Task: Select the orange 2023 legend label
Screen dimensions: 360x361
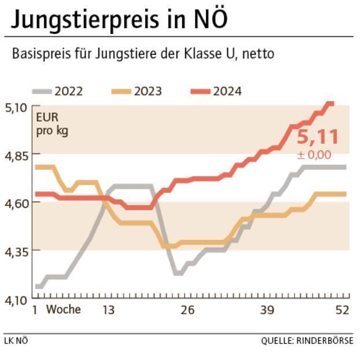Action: (148, 91)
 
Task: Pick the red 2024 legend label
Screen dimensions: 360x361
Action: (227, 91)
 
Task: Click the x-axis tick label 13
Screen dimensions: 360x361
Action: (108, 310)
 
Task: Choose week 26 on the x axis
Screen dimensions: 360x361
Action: (187, 310)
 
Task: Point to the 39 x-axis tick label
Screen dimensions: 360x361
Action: (267, 310)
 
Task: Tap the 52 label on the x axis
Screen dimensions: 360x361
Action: (342, 310)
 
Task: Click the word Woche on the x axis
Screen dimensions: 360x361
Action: (64, 310)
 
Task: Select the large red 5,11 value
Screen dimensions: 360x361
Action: (317, 138)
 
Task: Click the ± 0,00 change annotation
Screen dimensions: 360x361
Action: (314, 155)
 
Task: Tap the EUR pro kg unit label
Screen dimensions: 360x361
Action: (51, 124)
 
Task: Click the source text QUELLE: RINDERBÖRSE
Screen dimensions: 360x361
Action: (307, 341)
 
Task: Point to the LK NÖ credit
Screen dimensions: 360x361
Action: (16, 341)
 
